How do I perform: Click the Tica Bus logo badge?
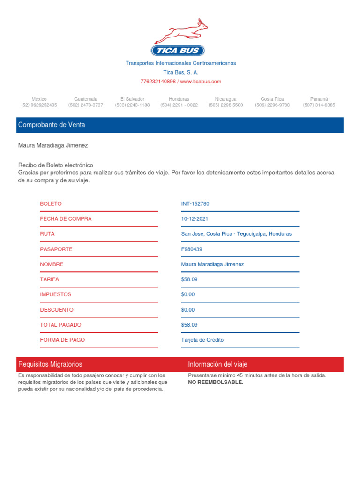click(x=178, y=51)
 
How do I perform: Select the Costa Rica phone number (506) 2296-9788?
click(x=272, y=105)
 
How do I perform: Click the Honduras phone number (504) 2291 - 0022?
click(x=179, y=105)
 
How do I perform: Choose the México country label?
click(x=39, y=99)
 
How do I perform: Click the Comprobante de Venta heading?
click(x=52, y=125)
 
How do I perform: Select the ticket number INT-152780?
click(x=195, y=204)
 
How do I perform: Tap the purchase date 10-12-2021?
click(x=195, y=219)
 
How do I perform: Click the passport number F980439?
click(x=192, y=249)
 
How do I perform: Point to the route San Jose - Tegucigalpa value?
click(x=236, y=234)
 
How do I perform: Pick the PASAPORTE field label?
click(x=56, y=249)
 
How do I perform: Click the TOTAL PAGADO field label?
click(x=60, y=325)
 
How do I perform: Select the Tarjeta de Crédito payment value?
click(x=202, y=340)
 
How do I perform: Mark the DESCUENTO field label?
click(x=57, y=310)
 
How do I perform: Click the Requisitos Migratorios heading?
click(x=50, y=364)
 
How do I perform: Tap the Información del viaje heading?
click(x=217, y=364)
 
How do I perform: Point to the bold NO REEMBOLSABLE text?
click(x=216, y=382)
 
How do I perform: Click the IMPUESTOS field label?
click(x=56, y=294)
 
